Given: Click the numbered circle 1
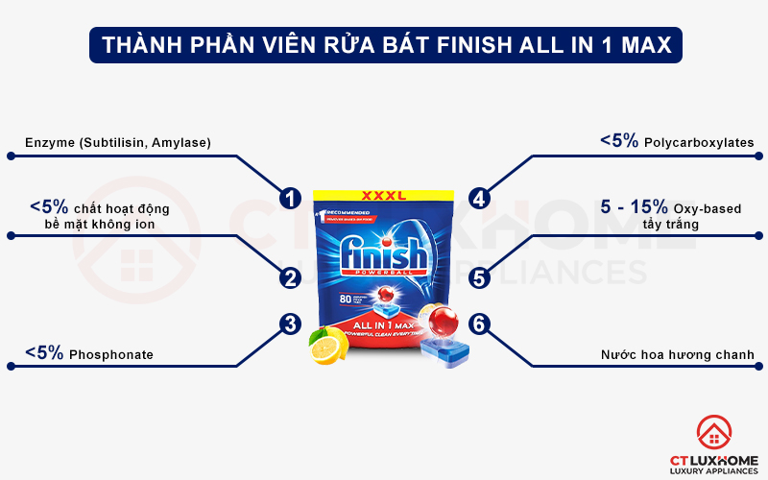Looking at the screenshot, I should [x=288, y=199].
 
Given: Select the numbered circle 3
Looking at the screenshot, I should [x=288, y=324].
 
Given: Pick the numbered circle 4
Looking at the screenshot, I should [x=479, y=199].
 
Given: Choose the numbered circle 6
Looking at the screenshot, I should [x=479, y=324].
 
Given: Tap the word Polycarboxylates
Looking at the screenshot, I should [x=700, y=143].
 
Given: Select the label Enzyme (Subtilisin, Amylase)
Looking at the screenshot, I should [x=118, y=143].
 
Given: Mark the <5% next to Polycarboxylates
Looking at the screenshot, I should [x=620, y=141].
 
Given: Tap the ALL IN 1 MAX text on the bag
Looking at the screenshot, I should [x=383, y=327].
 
